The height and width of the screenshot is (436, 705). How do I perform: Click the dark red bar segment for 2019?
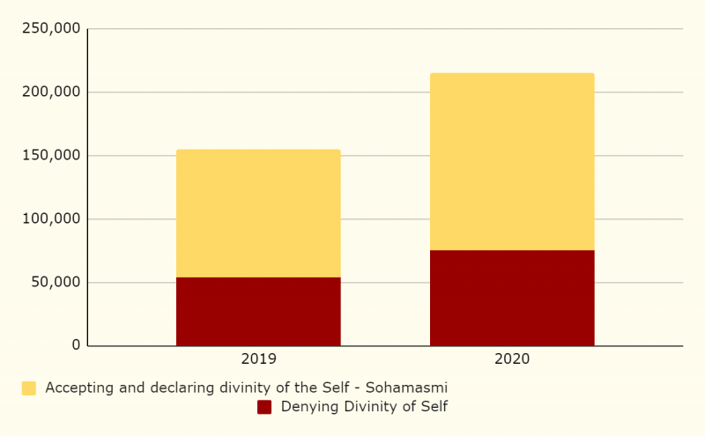pos(258,311)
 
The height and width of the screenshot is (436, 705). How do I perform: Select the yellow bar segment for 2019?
pos(258,213)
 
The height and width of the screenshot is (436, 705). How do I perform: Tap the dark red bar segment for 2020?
pos(512,298)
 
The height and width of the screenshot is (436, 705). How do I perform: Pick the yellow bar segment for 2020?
pos(512,161)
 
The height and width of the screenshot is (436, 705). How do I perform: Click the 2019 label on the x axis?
pos(258,359)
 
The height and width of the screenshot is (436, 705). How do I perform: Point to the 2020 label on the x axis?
pos(512,359)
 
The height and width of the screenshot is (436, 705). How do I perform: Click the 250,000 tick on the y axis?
pos(51,29)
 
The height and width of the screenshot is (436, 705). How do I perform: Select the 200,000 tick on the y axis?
pos(51,92)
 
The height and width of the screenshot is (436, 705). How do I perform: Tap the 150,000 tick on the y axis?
pos(51,156)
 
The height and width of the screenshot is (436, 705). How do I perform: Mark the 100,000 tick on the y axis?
pos(51,219)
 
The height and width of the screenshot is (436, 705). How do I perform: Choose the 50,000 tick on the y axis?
pos(55,283)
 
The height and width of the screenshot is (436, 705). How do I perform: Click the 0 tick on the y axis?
pos(76,345)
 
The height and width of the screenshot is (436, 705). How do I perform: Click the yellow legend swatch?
pos(29,388)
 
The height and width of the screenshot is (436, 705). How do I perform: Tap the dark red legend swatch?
pos(264,407)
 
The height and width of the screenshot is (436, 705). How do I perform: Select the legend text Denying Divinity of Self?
pos(364,407)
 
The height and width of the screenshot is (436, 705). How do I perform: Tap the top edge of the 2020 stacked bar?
pos(512,74)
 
